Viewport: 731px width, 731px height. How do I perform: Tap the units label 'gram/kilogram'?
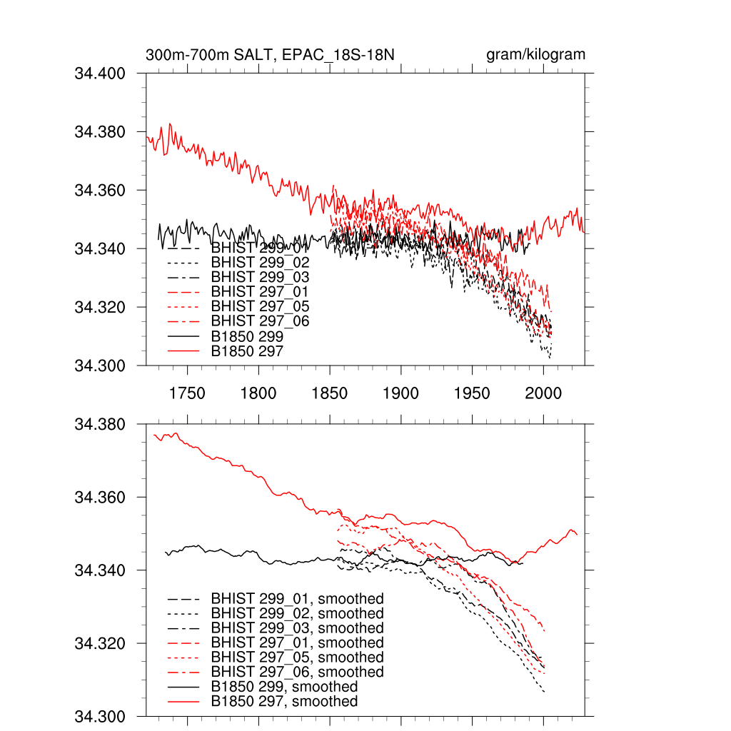(535, 55)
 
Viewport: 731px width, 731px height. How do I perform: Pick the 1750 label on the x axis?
(187, 393)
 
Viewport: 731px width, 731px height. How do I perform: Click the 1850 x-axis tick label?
(330, 393)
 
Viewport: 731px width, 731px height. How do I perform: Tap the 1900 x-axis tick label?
(401, 393)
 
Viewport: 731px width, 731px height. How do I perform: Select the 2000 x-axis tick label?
(543, 393)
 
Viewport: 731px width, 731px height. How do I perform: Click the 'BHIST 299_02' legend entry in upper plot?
(260, 263)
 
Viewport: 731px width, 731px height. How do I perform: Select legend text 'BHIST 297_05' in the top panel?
(260, 307)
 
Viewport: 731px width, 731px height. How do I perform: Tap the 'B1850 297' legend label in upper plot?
(247, 351)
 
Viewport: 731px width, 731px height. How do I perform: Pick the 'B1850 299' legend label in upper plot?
(247, 336)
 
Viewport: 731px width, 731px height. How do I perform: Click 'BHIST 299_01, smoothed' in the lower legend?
(297, 598)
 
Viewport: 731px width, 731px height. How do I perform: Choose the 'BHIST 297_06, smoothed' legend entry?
(297, 672)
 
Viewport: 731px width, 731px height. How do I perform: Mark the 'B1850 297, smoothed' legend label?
(284, 702)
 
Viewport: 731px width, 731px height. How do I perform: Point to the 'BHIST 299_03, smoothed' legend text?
(297, 627)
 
